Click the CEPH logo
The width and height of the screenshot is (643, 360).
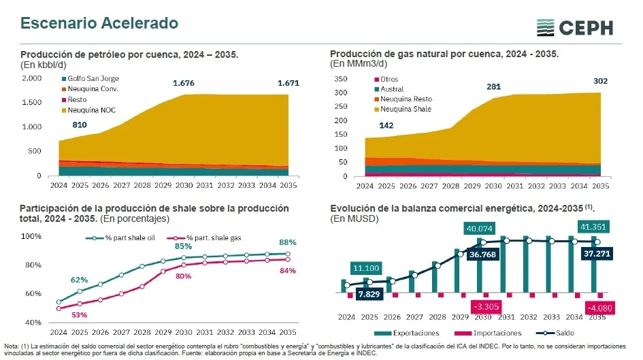point(574,28)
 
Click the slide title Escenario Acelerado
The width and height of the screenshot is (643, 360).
point(99,23)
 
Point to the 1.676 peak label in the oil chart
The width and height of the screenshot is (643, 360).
point(184,83)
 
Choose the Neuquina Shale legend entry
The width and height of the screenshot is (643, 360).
point(406,109)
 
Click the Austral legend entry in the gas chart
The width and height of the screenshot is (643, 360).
point(392,89)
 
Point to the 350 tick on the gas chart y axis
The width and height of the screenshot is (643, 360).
point(342,79)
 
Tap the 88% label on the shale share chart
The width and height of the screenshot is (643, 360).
point(287,242)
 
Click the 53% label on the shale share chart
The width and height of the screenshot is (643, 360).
point(79,314)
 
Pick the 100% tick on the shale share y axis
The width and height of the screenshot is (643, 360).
point(31,236)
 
